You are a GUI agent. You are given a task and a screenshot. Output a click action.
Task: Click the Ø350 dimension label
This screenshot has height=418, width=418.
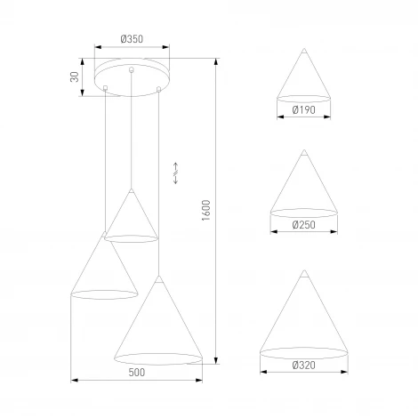133,40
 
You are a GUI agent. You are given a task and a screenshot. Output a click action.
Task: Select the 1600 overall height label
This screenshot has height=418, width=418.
205,211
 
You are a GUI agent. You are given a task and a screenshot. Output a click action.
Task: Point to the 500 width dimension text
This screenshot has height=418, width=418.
136,373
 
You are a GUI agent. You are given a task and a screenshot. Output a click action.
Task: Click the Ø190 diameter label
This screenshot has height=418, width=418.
303,110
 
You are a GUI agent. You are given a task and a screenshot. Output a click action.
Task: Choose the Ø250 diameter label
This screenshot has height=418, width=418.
303,226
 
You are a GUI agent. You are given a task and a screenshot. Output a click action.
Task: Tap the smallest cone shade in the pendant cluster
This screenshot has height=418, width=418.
131,221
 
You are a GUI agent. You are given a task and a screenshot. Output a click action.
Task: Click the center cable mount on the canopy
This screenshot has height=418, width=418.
132,69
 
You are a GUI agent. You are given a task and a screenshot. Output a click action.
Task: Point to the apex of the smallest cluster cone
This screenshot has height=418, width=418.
131,190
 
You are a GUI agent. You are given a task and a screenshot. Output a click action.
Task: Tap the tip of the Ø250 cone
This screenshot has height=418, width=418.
303,154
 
